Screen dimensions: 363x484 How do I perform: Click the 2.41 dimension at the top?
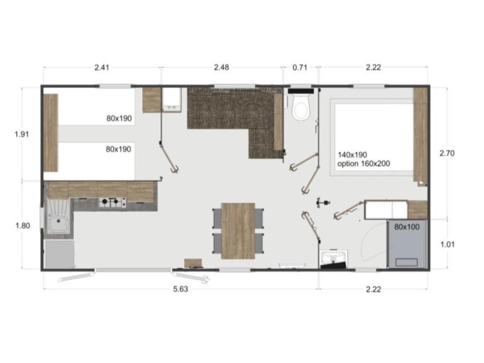click(102, 68)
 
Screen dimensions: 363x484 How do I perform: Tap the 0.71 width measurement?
click(300, 68)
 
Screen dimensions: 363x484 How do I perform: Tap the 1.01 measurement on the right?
click(447, 244)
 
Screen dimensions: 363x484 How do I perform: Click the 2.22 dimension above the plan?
click(373, 68)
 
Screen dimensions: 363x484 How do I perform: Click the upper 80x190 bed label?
click(119, 119)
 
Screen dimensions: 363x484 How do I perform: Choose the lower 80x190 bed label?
click(119, 149)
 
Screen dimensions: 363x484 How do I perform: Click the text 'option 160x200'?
click(365, 164)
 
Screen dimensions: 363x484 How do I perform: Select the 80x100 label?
click(408, 227)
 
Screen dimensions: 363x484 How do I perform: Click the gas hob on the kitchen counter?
click(112, 203)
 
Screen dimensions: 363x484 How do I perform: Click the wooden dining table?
click(238, 230)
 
